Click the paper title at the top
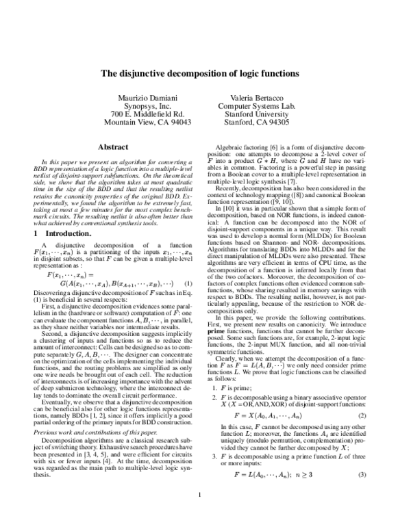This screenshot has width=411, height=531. point(205,73)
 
